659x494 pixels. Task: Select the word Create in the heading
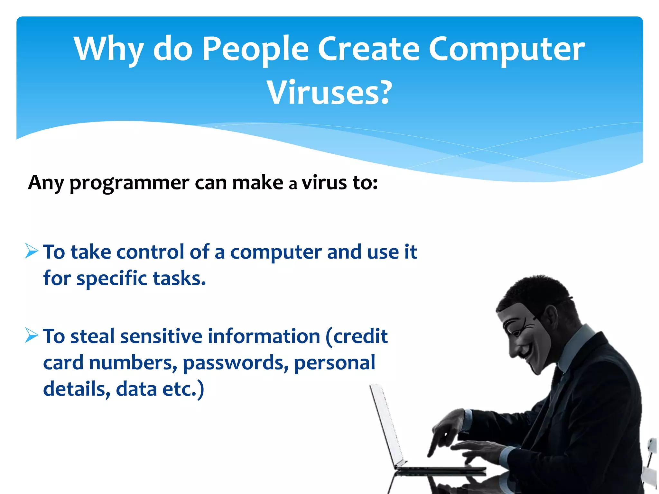tap(369, 49)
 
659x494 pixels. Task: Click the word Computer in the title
tap(507, 49)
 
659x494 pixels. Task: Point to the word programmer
tap(129, 183)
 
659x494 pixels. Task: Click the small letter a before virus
tap(292, 185)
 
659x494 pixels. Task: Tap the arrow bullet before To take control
tap(32, 251)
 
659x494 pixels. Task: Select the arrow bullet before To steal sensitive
tap(32, 335)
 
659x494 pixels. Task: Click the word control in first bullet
tap(150, 252)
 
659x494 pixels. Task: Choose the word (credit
tap(357, 336)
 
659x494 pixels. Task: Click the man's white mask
tap(528, 338)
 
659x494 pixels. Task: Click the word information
tap(264, 336)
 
